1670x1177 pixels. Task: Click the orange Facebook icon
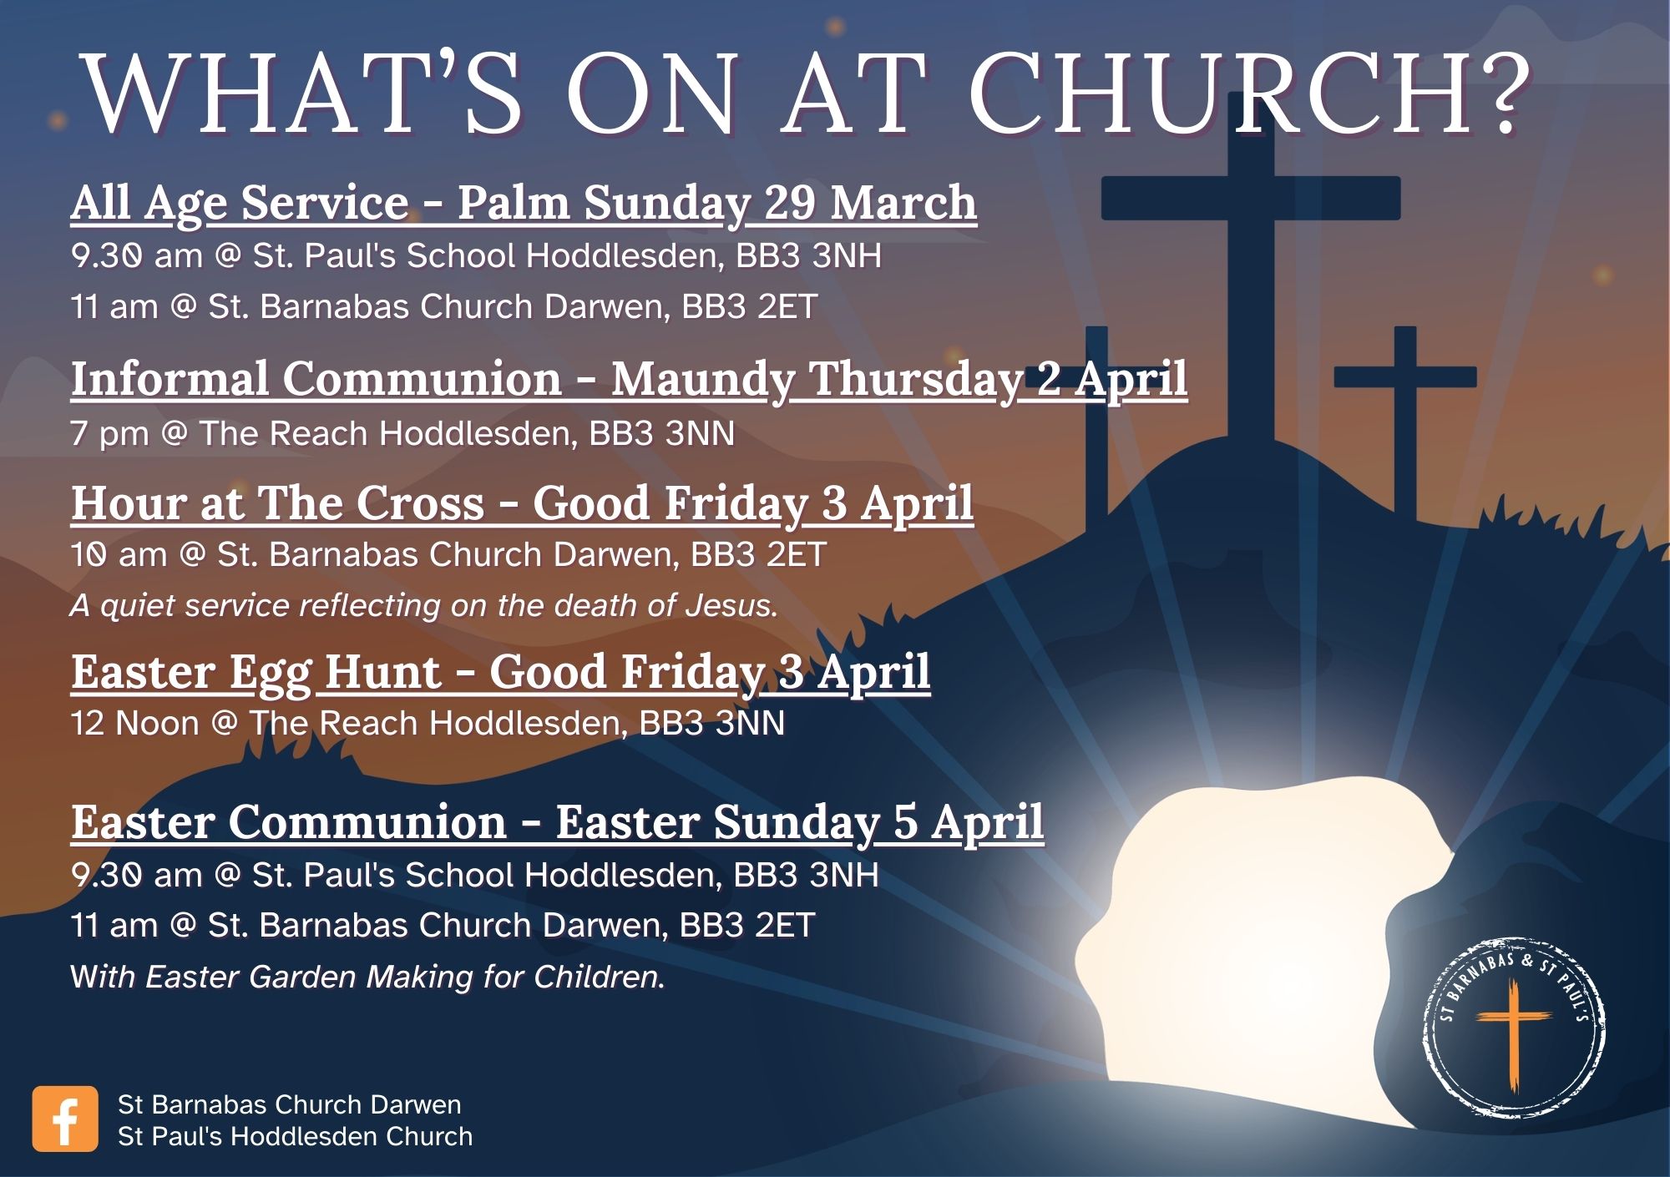[x=65, y=1119]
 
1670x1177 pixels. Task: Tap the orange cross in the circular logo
[x=1513, y=1035]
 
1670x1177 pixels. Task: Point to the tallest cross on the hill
[x=1251, y=275]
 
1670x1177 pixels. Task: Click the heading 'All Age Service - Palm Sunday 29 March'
[x=524, y=203]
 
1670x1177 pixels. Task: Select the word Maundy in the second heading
[x=701, y=380]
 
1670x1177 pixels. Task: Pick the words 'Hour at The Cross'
[x=277, y=503]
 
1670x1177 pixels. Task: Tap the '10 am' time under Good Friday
[x=119, y=555]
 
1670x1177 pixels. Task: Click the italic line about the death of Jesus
[x=424, y=605]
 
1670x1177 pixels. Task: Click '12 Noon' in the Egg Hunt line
[x=135, y=723]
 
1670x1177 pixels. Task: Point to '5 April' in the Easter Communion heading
[x=969, y=822]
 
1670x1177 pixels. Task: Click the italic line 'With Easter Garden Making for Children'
[x=367, y=977]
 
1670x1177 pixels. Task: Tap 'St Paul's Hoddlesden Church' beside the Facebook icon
[x=295, y=1136]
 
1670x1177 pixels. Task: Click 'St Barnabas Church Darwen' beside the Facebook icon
[x=289, y=1104]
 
